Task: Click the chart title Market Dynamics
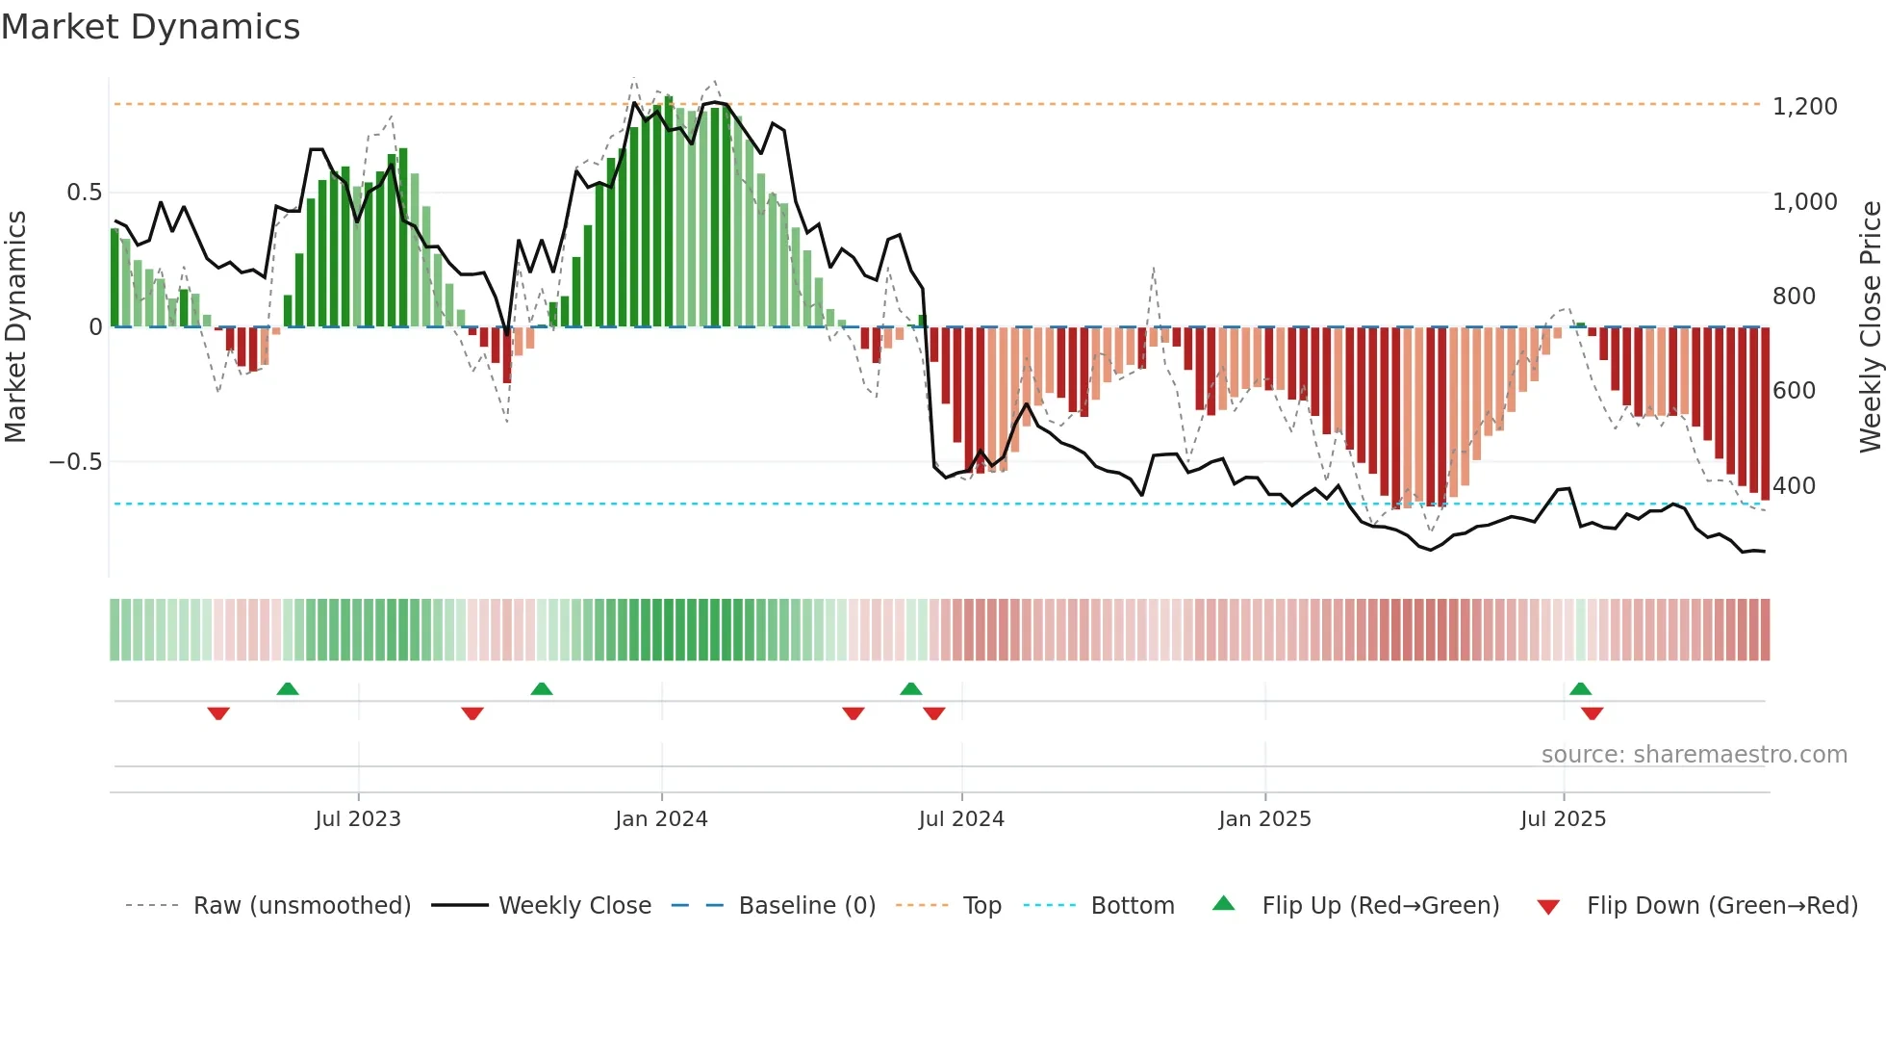(x=150, y=27)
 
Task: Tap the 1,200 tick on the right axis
(x=1804, y=106)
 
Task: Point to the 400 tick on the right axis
(x=1794, y=485)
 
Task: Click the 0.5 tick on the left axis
(x=84, y=192)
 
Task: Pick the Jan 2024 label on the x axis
(x=661, y=818)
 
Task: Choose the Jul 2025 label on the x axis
(x=1563, y=818)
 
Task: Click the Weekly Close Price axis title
(x=1870, y=326)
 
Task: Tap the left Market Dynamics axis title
(x=15, y=326)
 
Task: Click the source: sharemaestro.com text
(x=1694, y=754)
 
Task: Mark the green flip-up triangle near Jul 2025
(x=1580, y=688)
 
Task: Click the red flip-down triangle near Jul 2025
(x=1592, y=713)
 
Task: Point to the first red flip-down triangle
(x=218, y=713)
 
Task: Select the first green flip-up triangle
(x=288, y=688)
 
